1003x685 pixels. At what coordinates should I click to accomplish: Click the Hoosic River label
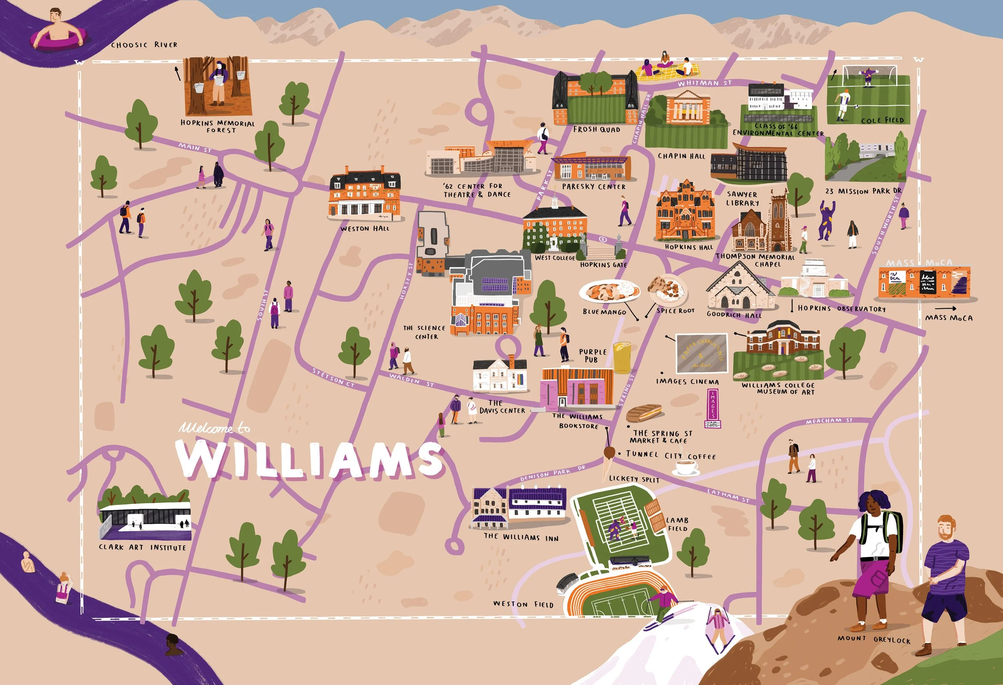click(x=144, y=45)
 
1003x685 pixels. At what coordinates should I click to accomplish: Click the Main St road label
click(x=195, y=148)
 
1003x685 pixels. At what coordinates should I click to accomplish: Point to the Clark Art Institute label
click(x=142, y=547)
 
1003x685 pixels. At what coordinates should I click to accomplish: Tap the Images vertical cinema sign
click(x=713, y=407)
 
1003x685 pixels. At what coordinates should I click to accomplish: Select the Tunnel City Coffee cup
click(x=686, y=467)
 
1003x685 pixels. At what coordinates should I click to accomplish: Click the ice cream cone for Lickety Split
click(x=609, y=462)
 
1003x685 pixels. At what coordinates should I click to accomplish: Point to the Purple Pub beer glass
click(x=622, y=357)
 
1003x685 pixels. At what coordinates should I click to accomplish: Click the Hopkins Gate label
click(x=603, y=265)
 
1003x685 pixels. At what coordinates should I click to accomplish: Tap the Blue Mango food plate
click(x=609, y=291)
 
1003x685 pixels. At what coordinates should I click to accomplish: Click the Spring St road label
click(x=627, y=389)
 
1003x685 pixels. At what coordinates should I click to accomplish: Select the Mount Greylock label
click(x=874, y=639)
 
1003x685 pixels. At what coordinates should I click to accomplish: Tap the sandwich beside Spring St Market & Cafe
click(x=644, y=413)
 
